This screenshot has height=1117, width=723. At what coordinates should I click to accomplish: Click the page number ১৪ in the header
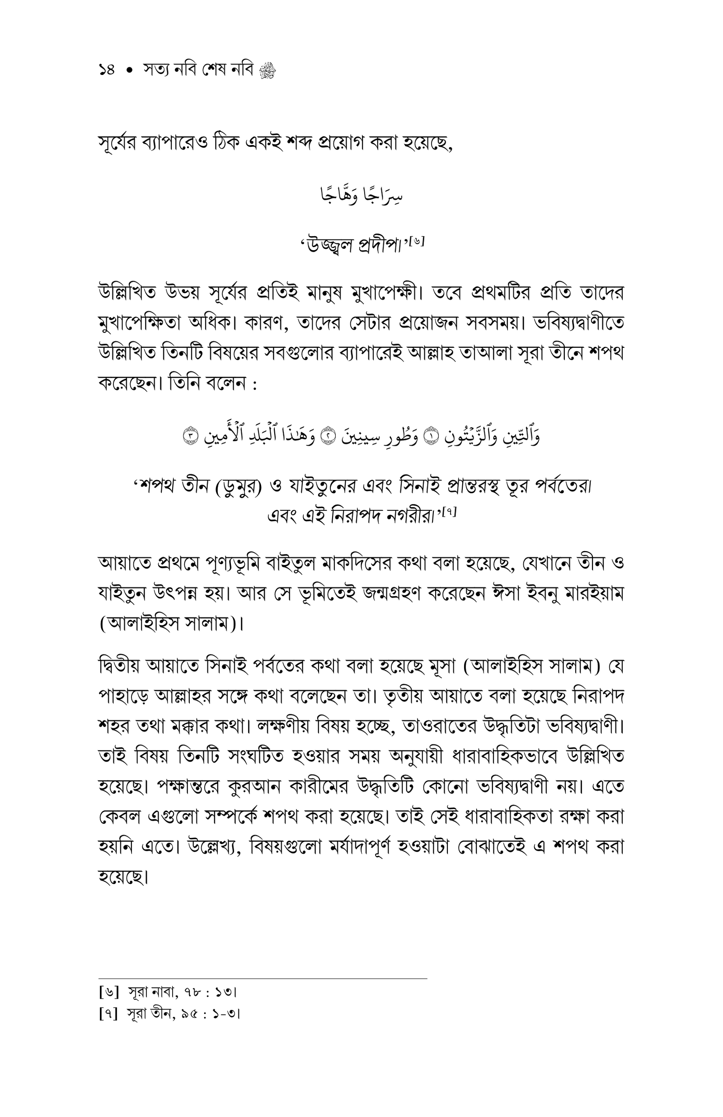(x=107, y=70)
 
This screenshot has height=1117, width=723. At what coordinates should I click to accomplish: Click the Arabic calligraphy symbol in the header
(x=267, y=71)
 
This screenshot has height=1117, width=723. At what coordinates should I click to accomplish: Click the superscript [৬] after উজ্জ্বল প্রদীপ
(x=417, y=242)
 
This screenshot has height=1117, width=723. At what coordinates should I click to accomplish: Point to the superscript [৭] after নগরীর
(x=449, y=512)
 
